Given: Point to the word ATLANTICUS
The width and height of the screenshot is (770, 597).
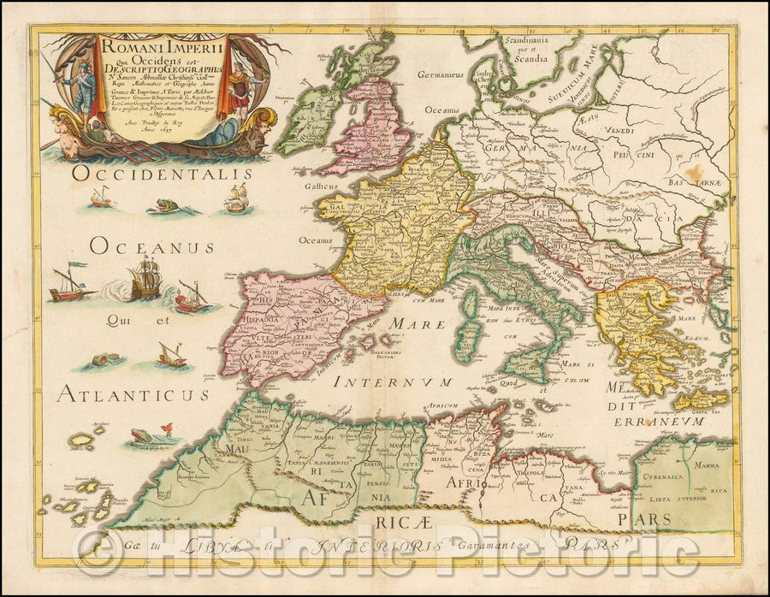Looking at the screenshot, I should click(133, 394).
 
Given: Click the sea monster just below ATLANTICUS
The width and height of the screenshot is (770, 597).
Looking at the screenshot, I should click(143, 437).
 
